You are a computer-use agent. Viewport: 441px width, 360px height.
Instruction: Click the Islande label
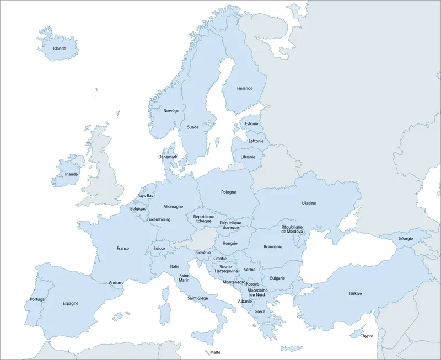(60, 49)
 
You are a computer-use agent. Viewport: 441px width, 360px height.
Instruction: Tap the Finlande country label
(245, 88)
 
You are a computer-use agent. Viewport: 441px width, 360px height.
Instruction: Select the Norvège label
(171, 110)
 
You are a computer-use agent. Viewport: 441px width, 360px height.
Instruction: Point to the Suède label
(193, 127)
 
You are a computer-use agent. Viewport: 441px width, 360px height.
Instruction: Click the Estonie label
(251, 123)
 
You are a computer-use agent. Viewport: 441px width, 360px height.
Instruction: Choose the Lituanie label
(248, 157)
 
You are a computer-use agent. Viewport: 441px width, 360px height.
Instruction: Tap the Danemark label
(168, 157)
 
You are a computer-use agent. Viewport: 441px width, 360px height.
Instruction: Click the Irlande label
(72, 174)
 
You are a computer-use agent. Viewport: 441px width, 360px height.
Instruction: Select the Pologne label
(229, 192)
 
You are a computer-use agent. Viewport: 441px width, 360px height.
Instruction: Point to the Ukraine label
(309, 203)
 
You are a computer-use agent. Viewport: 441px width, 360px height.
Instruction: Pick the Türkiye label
(354, 293)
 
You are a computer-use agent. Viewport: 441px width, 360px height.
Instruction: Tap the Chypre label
(367, 336)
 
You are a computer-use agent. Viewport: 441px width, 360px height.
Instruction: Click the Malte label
(215, 352)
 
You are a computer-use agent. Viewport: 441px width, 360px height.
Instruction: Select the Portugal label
(37, 299)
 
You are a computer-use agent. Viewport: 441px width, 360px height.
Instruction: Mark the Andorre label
(116, 283)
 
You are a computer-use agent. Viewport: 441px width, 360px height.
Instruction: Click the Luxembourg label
(159, 219)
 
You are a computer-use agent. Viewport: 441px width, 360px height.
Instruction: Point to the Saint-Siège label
(197, 298)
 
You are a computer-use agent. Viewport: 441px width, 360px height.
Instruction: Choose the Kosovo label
(252, 284)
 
